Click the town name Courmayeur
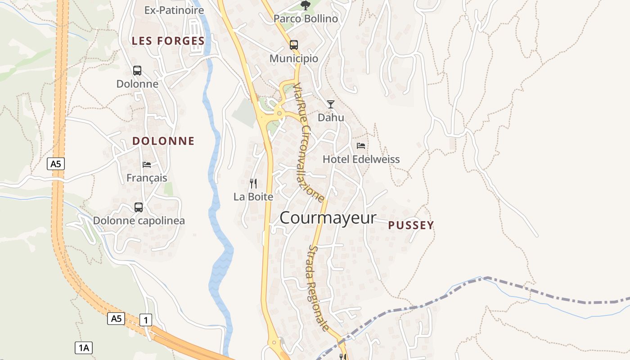point(328,218)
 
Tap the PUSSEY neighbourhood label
point(411,225)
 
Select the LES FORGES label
point(168,41)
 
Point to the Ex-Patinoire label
point(174,10)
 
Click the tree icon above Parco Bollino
point(306,5)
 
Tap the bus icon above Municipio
point(294,45)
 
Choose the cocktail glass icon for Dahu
point(331,104)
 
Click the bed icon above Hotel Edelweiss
point(361,145)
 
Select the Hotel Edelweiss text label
point(361,159)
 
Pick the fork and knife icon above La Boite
point(253,183)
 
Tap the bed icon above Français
point(147,164)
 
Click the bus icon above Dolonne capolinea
point(139,207)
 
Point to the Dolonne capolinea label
point(139,221)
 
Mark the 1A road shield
point(84,347)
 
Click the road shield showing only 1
point(146,320)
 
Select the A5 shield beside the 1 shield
point(117,319)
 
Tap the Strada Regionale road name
point(319,288)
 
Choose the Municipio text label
point(294,58)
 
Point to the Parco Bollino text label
point(306,19)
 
